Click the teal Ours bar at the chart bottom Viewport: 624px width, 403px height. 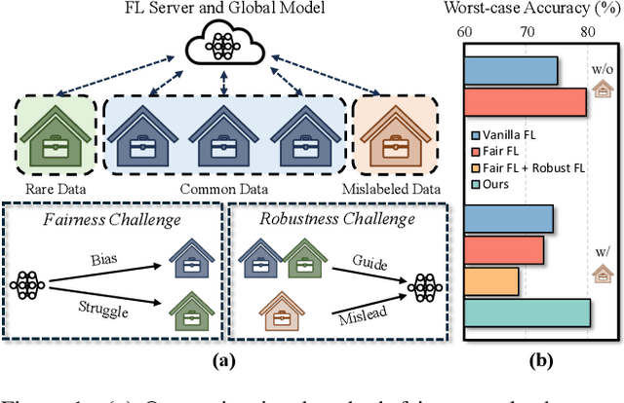[x=526, y=313]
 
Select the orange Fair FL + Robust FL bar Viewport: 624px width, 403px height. [x=491, y=282]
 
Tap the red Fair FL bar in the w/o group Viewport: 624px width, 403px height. [x=525, y=101]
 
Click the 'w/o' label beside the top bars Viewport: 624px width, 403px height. [x=602, y=69]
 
